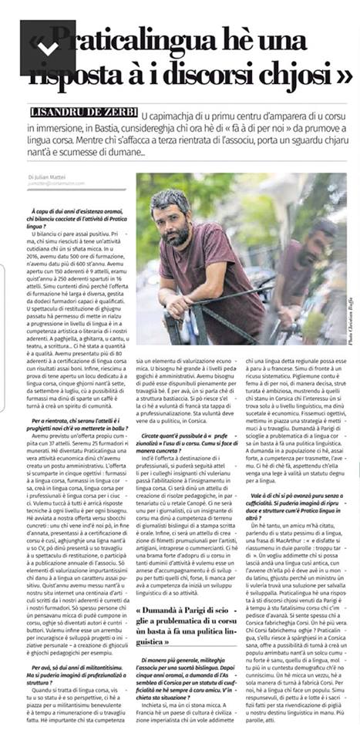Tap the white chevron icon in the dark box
pos(47,48)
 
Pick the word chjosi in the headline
pos(313,74)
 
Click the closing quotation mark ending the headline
pos(345,74)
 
